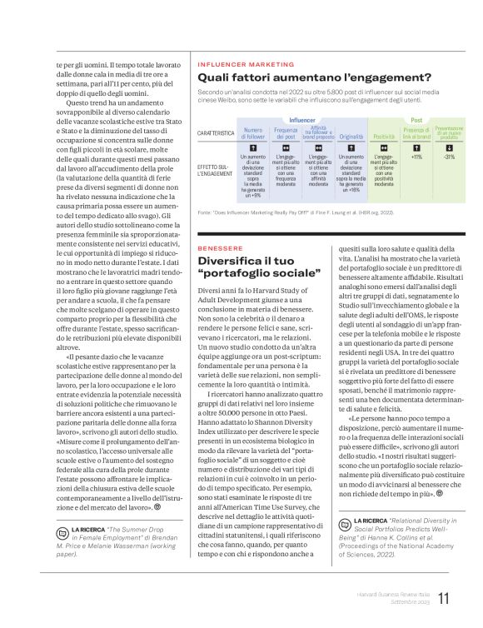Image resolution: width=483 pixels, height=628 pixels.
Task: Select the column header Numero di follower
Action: [252, 132]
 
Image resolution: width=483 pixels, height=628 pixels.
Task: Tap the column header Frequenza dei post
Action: [286, 132]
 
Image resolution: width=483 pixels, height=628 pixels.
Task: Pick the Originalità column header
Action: [351, 136]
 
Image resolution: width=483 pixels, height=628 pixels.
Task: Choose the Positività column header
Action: [384, 136]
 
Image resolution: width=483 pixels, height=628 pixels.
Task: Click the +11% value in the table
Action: [416, 157]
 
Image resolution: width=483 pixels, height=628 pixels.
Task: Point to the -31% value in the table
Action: [450, 157]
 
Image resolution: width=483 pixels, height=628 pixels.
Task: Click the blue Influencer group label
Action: [302, 120]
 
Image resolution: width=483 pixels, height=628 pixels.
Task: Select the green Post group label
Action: [416, 120]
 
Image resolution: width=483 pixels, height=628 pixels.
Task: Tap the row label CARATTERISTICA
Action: [216, 133]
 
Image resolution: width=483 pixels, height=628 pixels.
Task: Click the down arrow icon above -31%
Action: [450, 147]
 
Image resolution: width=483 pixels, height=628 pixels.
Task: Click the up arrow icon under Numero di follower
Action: [252, 147]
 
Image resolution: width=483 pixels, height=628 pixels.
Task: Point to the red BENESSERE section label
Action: [220, 248]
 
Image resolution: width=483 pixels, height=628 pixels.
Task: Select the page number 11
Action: [444, 598]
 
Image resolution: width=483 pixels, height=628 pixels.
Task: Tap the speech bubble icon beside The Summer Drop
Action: [62, 530]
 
